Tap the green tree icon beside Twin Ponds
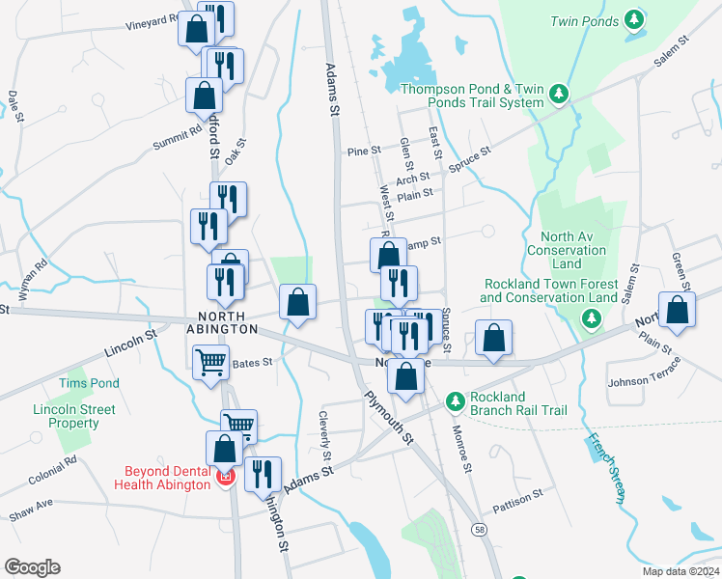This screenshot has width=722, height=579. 634,18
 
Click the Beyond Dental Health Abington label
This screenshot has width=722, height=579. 167,478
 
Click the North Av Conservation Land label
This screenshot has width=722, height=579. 567,251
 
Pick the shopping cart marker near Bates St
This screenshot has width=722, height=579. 210,365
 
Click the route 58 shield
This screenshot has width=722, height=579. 480,529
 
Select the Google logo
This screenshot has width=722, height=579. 32,566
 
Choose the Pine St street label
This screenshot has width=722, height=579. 365,152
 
